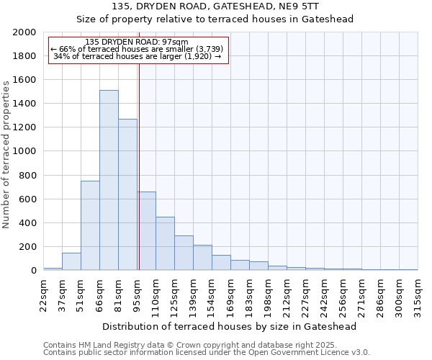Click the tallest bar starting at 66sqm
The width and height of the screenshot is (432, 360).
[109, 180]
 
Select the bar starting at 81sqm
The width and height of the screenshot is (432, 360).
[127, 194]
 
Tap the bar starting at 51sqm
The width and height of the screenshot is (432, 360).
[90, 225]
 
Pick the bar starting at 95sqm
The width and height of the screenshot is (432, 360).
[147, 230]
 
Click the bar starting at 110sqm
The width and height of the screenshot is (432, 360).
[165, 243]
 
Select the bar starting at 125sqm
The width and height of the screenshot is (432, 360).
[184, 253]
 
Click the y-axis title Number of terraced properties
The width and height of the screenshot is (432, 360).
[6, 155]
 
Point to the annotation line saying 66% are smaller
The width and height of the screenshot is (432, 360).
[137, 49]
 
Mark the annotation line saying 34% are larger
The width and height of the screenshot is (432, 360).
[137, 56]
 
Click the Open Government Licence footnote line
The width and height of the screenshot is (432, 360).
[207, 352]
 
